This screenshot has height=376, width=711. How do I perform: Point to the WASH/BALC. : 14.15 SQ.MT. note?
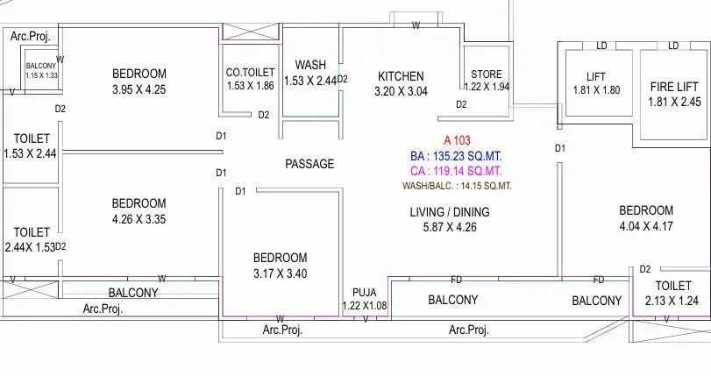point(457,186)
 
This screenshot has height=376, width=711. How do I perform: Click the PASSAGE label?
point(309,164)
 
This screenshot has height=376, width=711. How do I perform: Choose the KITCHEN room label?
point(401,76)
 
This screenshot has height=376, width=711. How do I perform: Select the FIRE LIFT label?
point(674,87)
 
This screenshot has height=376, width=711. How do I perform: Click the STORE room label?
point(487,74)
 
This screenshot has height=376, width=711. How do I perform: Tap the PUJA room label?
point(364,292)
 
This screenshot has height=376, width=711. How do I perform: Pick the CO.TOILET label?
point(250,73)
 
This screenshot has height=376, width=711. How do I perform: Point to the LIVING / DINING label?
point(450,212)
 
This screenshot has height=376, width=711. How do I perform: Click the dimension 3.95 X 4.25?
point(139,89)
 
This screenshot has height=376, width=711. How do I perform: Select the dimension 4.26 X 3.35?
point(139,219)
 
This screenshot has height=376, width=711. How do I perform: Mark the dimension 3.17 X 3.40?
point(280,273)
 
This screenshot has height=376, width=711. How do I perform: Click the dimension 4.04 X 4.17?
point(646,226)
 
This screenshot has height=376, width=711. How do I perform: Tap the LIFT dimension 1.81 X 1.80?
point(596,90)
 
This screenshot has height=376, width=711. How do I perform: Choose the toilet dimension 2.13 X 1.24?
point(672,301)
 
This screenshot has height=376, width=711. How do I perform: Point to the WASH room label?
point(310,65)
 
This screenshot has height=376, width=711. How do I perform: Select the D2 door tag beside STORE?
point(461,104)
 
